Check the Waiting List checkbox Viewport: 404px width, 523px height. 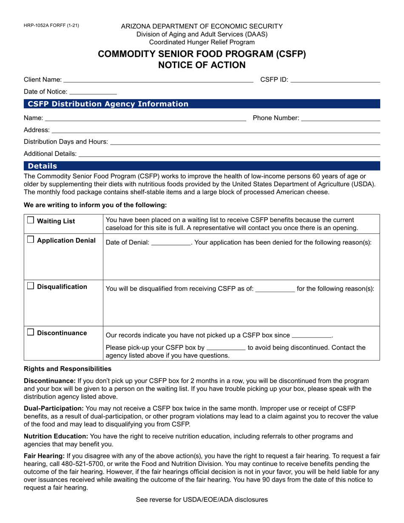[31, 220]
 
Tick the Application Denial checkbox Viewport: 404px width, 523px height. [31, 240]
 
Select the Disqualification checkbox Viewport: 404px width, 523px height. [31, 287]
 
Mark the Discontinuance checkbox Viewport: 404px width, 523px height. [31, 333]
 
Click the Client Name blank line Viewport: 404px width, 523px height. [158, 79]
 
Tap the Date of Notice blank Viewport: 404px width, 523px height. [93, 91]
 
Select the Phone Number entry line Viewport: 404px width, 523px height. [340, 118]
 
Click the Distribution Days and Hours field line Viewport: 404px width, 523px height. [245, 142]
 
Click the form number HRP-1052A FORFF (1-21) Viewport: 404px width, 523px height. [51, 26]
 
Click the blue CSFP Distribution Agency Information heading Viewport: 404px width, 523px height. [108, 104]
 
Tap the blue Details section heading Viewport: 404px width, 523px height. [43, 166]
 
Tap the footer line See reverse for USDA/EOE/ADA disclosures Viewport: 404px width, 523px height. [202, 500]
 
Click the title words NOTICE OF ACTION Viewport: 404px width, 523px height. [202, 65]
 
